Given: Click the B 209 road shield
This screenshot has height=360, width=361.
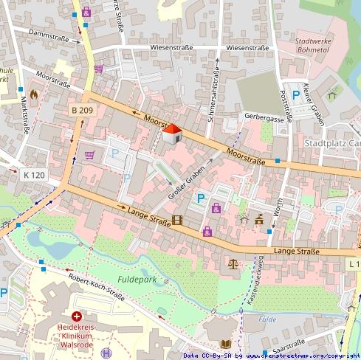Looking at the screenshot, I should [x=82, y=110].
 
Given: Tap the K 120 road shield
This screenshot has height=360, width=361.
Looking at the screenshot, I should [x=33, y=175].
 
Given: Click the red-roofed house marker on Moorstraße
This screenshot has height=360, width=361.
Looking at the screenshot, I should [x=171, y=134].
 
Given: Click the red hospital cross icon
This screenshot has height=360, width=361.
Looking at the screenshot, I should [x=76, y=315].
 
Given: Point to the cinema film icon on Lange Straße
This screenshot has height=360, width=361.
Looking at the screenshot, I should [x=177, y=220].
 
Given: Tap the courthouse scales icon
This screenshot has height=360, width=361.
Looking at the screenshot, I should [x=234, y=262].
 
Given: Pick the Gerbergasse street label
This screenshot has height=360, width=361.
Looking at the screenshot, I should [x=264, y=117].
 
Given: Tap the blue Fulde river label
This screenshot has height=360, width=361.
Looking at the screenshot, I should [x=267, y=319].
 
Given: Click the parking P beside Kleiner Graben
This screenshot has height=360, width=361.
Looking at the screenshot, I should [x=296, y=94].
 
